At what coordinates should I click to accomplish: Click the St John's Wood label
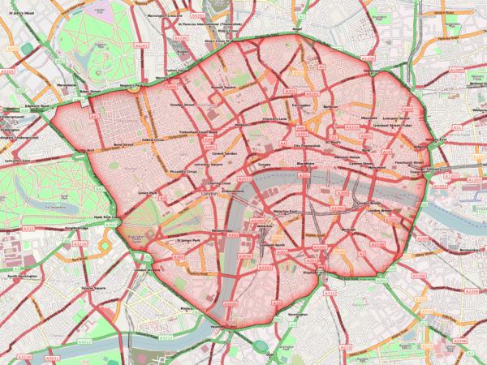coord(22,14)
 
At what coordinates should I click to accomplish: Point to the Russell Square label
coord(223,84)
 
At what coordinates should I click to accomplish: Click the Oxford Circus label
coord(153,139)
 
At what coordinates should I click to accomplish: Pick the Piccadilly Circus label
coord(182,173)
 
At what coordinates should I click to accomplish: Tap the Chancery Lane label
coord(275,119)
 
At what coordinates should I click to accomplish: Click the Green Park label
coord(146,193)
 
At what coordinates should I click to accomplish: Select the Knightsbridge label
coord(75,229)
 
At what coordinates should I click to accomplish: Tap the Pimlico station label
coord(188,309)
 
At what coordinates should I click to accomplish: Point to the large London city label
coord(216,195)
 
